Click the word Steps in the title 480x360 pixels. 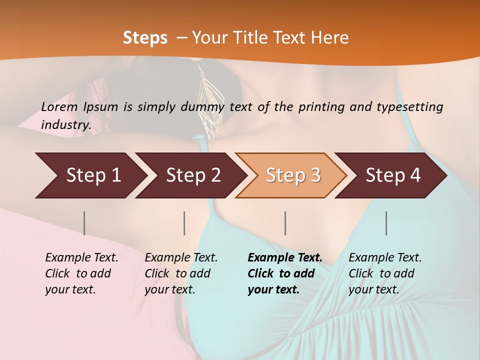145,38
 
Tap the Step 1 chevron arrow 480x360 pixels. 93,175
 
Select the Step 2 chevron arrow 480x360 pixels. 193,175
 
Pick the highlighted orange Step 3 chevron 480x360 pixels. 293,175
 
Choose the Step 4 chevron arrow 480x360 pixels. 393,175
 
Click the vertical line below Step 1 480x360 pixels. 84,223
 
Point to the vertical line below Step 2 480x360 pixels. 184,223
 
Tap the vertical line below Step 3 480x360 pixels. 285,223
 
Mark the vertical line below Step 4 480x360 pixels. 386,223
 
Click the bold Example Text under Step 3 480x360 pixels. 285,273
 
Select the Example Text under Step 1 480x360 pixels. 81,273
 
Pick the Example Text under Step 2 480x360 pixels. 181,273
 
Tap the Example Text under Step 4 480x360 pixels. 385,273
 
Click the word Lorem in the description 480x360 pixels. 59,106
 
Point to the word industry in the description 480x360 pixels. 65,124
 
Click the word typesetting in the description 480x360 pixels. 414,107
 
